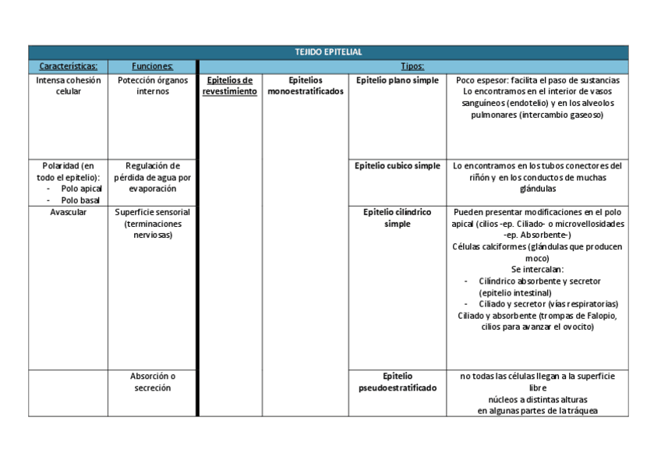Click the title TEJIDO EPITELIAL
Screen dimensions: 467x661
click(328, 52)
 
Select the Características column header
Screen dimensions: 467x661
click(69, 66)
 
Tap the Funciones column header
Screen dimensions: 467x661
click(152, 66)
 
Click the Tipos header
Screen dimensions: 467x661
click(412, 66)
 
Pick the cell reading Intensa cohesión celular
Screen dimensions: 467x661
click(69, 86)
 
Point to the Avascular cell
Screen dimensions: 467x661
click(69, 212)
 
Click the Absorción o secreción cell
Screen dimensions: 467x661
click(152, 382)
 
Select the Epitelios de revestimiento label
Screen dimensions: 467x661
click(230, 86)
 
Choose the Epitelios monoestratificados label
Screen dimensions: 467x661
click(305, 86)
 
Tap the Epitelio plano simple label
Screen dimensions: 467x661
click(397, 80)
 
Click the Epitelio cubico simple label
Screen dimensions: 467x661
click(397, 166)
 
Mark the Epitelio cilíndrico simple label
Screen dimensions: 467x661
click(397, 218)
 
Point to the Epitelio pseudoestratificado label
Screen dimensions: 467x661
click(397, 382)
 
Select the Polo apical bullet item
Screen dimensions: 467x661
click(81, 189)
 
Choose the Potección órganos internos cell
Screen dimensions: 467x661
click(152, 86)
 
